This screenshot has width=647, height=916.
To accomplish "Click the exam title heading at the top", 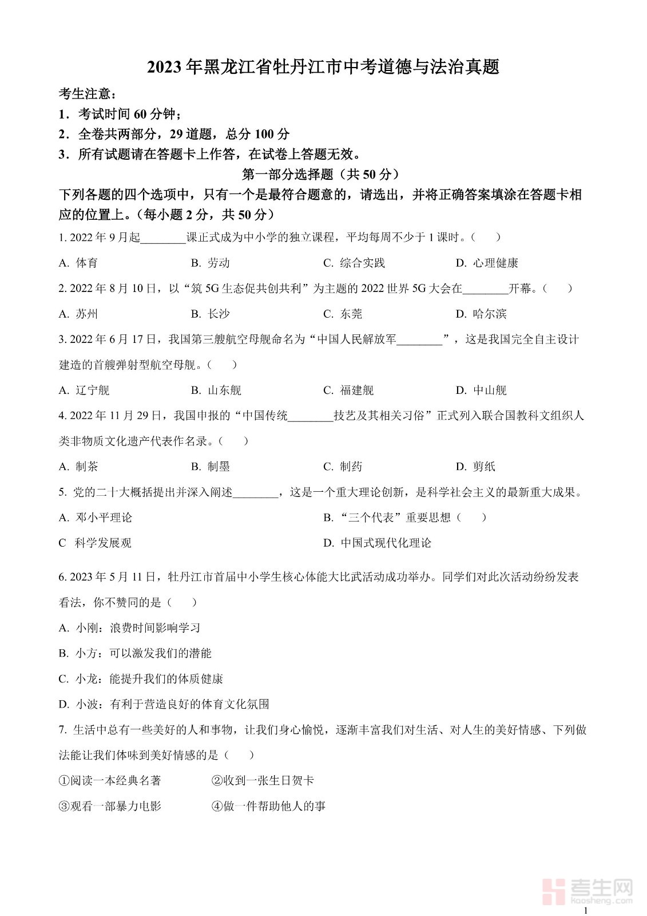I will (x=323, y=67).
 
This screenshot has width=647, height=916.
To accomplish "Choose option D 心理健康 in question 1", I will (x=487, y=263).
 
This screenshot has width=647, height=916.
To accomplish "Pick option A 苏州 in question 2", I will (x=78, y=314).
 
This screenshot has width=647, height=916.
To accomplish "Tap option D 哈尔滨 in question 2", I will (x=481, y=314).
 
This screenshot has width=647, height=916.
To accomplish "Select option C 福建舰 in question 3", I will (x=348, y=390).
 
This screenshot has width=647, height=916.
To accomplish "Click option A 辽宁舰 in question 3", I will (x=84, y=390).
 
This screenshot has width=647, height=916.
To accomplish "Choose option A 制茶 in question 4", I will (x=78, y=467).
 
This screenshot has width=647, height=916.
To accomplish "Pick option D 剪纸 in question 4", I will (x=475, y=467).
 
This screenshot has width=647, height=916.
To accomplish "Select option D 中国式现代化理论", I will (x=378, y=543).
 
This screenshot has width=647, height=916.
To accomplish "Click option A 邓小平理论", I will (x=96, y=518).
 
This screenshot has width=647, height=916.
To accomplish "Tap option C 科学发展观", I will (x=95, y=543).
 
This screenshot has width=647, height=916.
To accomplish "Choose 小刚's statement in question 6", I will (x=130, y=628).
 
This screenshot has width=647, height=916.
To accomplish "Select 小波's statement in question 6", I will (x=164, y=704).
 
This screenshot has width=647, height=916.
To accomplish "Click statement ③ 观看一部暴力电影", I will (x=110, y=806).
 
